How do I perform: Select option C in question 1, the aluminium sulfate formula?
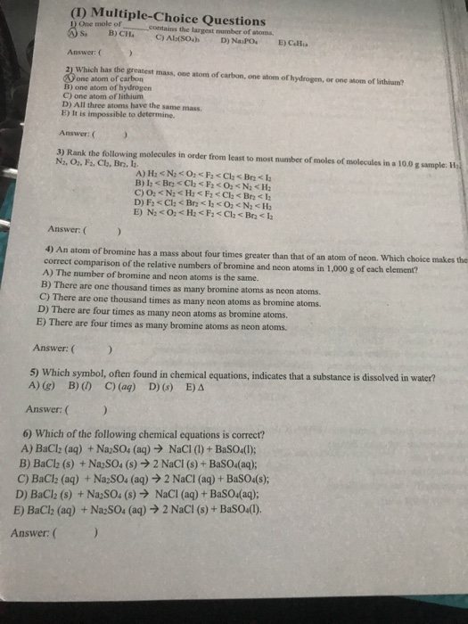pyautogui.click(x=181, y=38)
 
